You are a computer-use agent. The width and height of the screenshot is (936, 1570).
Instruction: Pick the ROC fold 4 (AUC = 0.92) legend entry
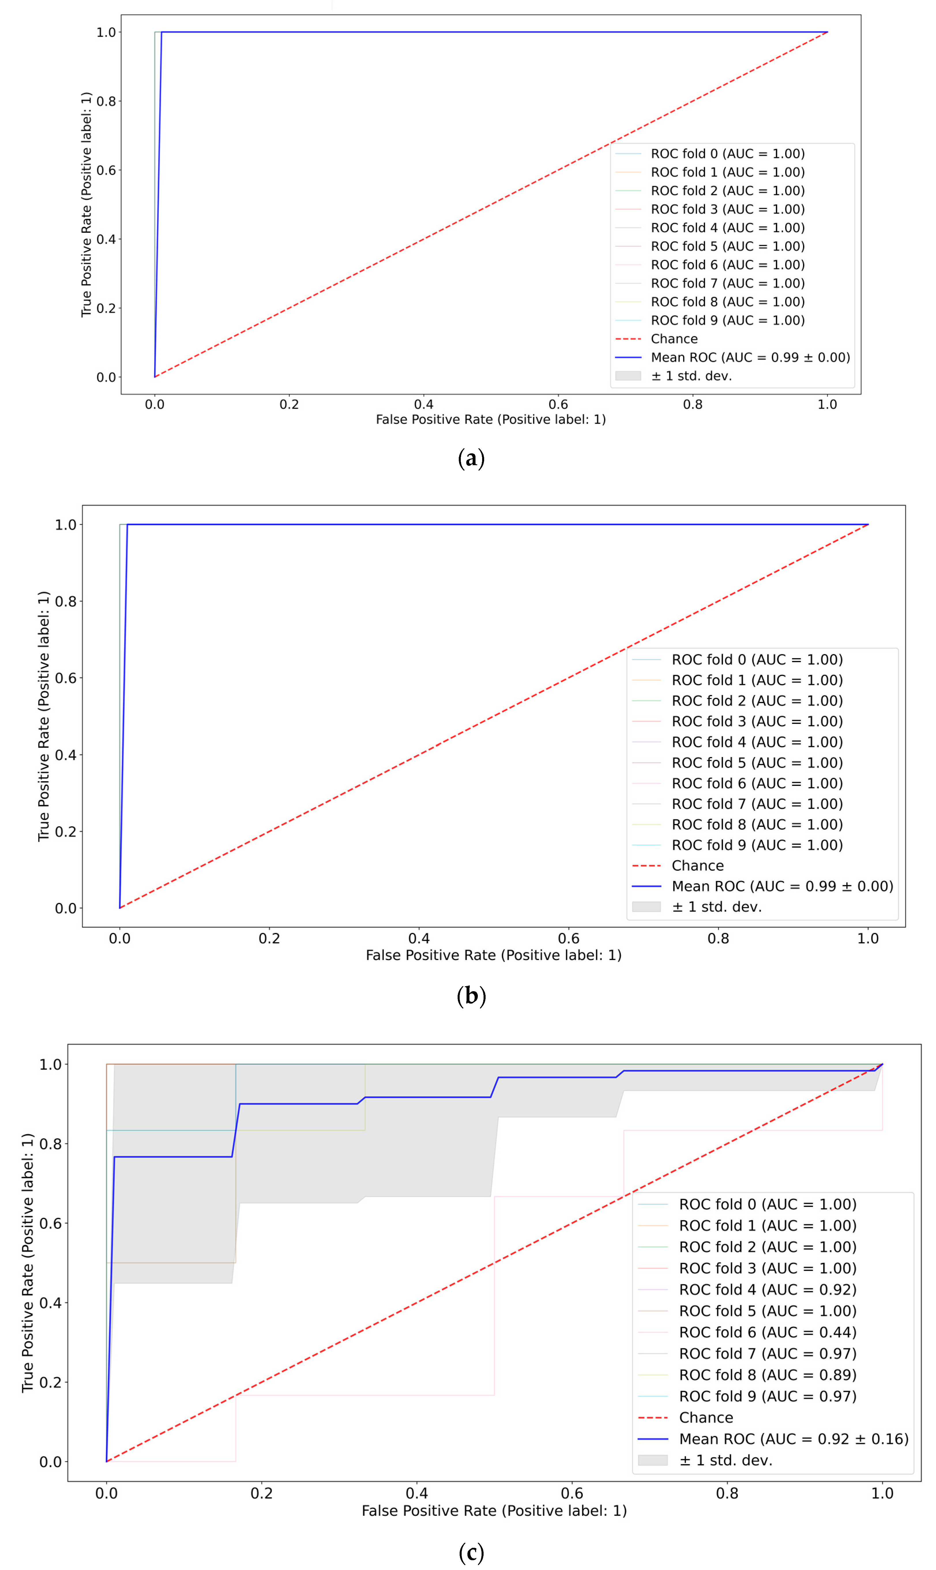(767, 1289)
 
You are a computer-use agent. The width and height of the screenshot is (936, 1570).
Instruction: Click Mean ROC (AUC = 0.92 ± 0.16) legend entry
(793, 1439)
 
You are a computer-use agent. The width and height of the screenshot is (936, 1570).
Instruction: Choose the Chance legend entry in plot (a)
(674, 339)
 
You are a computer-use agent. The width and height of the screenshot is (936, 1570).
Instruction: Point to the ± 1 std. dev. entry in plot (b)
(717, 906)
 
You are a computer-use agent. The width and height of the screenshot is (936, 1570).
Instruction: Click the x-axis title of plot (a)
(491, 420)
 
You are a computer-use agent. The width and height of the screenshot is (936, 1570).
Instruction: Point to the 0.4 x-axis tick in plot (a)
(424, 404)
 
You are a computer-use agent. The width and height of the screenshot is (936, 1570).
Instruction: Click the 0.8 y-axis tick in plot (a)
(106, 101)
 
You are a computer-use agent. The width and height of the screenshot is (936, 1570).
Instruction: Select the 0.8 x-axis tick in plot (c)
(727, 1493)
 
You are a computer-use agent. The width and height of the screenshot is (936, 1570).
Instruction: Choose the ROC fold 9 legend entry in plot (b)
(757, 845)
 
